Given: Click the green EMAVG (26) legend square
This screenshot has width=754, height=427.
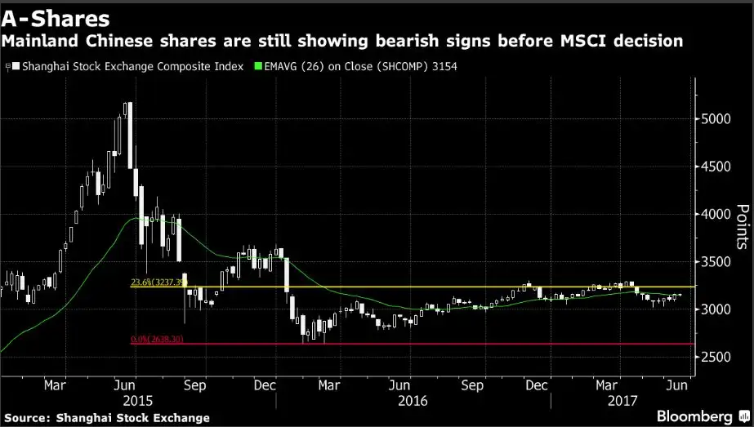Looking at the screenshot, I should [259, 66].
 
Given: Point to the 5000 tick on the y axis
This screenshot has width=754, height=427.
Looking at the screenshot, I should [716, 118].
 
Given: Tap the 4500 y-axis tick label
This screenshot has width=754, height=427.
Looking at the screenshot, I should [716, 167].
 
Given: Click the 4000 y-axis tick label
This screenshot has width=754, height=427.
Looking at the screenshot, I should [716, 214].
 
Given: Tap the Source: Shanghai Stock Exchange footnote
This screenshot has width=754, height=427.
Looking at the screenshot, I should [105, 417].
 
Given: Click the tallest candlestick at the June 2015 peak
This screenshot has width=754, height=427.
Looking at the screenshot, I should [129, 135].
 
